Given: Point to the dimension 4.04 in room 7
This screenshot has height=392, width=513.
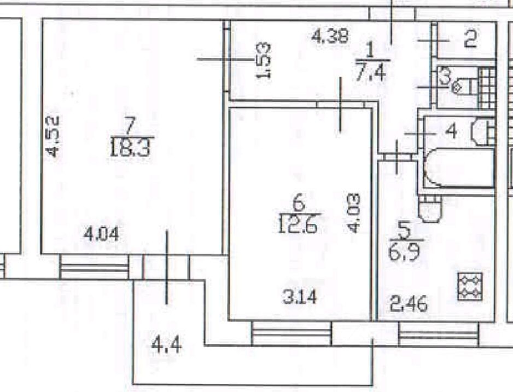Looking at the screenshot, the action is tap(101, 235).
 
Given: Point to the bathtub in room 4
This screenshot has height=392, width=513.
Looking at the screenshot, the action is tap(459, 167).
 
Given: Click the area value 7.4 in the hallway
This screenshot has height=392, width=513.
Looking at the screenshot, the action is tap(374, 71).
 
